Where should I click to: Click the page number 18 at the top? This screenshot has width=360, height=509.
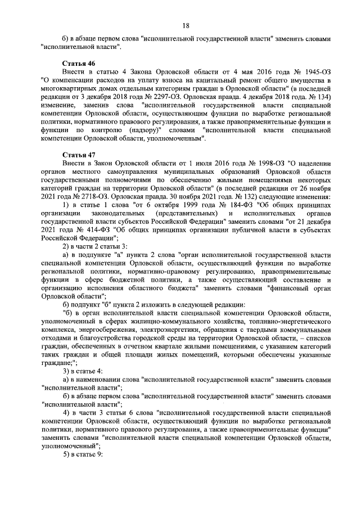pos(185,25)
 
